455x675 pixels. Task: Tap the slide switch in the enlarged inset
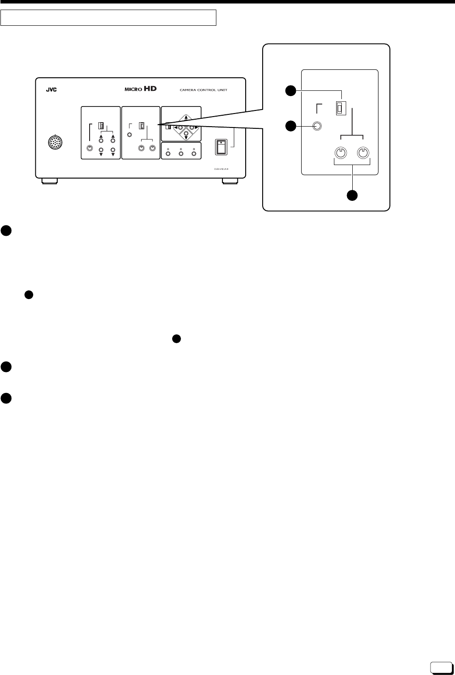click(339, 108)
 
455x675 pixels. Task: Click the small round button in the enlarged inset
click(318, 127)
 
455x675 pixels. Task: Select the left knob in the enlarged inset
click(340, 153)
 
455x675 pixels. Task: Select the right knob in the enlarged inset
click(363, 153)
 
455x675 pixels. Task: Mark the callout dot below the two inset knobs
click(352, 196)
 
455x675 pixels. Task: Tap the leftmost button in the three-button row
click(168, 153)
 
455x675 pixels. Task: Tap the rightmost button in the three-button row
click(194, 153)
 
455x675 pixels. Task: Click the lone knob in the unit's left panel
click(90, 148)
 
